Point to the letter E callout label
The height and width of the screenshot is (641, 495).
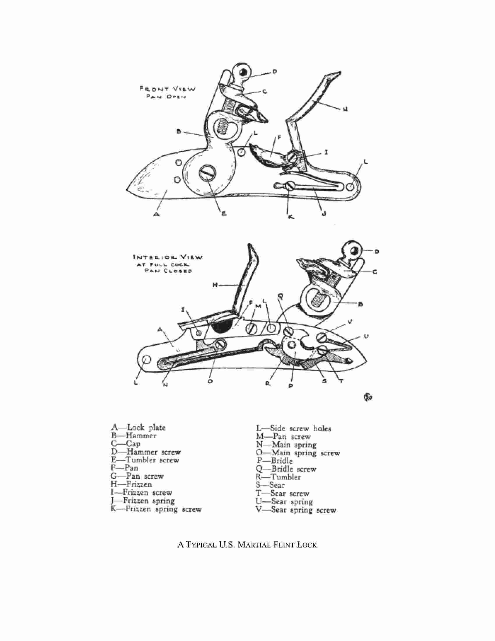click(223, 214)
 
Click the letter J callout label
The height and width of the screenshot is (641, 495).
click(324, 214)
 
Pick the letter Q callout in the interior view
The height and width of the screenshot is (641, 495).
click(280, 297)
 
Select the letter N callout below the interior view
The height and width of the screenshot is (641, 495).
click(165, 385)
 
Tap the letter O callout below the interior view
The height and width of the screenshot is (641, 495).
click(210, 382)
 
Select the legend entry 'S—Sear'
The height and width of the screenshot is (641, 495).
click(271, 485)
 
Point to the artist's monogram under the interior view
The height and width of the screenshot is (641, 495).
click(369, 398)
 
